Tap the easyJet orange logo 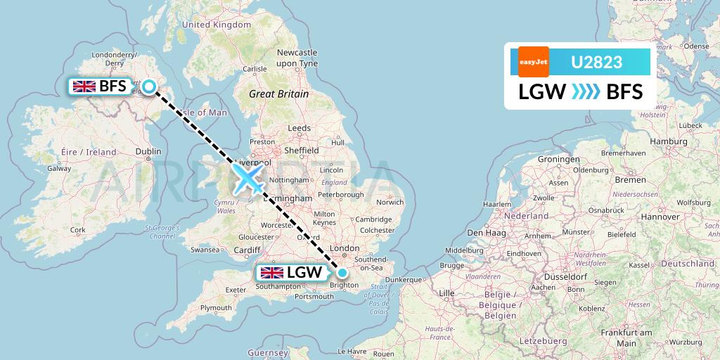click(533, 62)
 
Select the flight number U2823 click(596, 62)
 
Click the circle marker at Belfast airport click(149, 86)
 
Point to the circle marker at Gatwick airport click(342, 273)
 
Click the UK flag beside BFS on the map click(84, 86)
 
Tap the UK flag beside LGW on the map click(271, 273)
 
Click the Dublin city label click(148, 151)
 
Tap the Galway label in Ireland click(58, 168)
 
